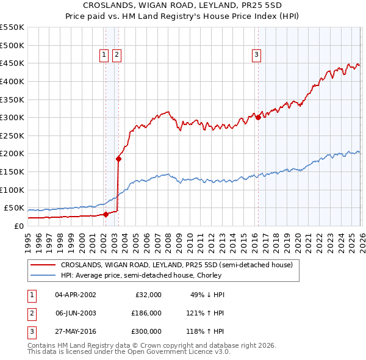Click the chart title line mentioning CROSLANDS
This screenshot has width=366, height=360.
(x=183, y=5)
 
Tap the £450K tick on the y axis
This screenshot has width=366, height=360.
(x=12, y=63)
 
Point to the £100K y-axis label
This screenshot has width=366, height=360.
(x=12, y=190)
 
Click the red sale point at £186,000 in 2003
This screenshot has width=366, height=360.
(x=118, y=159)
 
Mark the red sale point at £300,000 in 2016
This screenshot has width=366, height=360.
(x=258, y=117)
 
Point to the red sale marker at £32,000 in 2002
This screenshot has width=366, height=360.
(x=106, y=214)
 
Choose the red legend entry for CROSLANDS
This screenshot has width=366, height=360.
(x=177, y=265)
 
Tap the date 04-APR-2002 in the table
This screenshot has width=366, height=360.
(x=76, y=294)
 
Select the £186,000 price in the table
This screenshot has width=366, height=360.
(x=146, y=313)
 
